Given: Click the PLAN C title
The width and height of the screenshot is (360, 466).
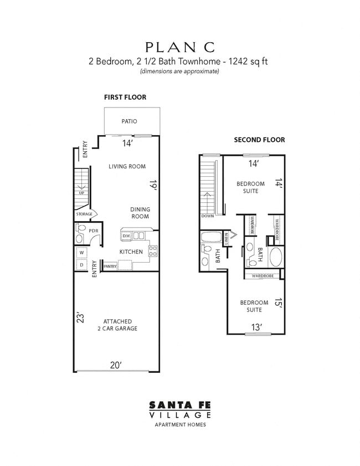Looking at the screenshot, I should tap(180, 47).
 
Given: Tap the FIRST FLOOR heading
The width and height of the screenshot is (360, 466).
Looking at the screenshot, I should tap(125, 97).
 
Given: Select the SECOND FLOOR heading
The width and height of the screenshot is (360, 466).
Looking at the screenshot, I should tap(259, 140).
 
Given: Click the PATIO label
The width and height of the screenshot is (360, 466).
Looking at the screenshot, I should tap(129, 121).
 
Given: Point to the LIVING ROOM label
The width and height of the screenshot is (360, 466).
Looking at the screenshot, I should tap(127, 166).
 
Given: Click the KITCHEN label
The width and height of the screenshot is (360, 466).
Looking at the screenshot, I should tap(131, 252).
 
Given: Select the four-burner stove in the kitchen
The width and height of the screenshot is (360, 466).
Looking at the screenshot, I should tap(153, 252).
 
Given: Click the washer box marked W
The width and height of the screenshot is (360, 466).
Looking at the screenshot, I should tap(81, 253).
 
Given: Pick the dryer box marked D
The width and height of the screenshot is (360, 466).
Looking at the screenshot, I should tap(81, 265).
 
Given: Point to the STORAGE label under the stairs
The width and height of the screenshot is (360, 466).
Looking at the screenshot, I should tap(85, 214).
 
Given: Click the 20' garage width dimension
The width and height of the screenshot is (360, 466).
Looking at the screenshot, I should tap(115, 365).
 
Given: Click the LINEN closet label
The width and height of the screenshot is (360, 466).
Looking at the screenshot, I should tap(227, 238).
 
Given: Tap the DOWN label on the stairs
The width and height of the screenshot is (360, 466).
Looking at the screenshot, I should tap(208, 216).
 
